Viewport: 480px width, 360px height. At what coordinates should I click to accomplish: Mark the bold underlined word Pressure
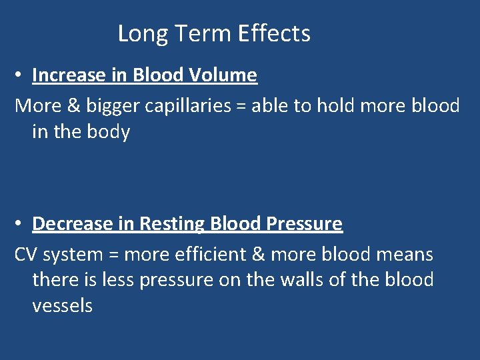click(x=304, y=224)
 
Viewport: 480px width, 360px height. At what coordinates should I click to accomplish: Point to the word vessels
click(x=62, y=306)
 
